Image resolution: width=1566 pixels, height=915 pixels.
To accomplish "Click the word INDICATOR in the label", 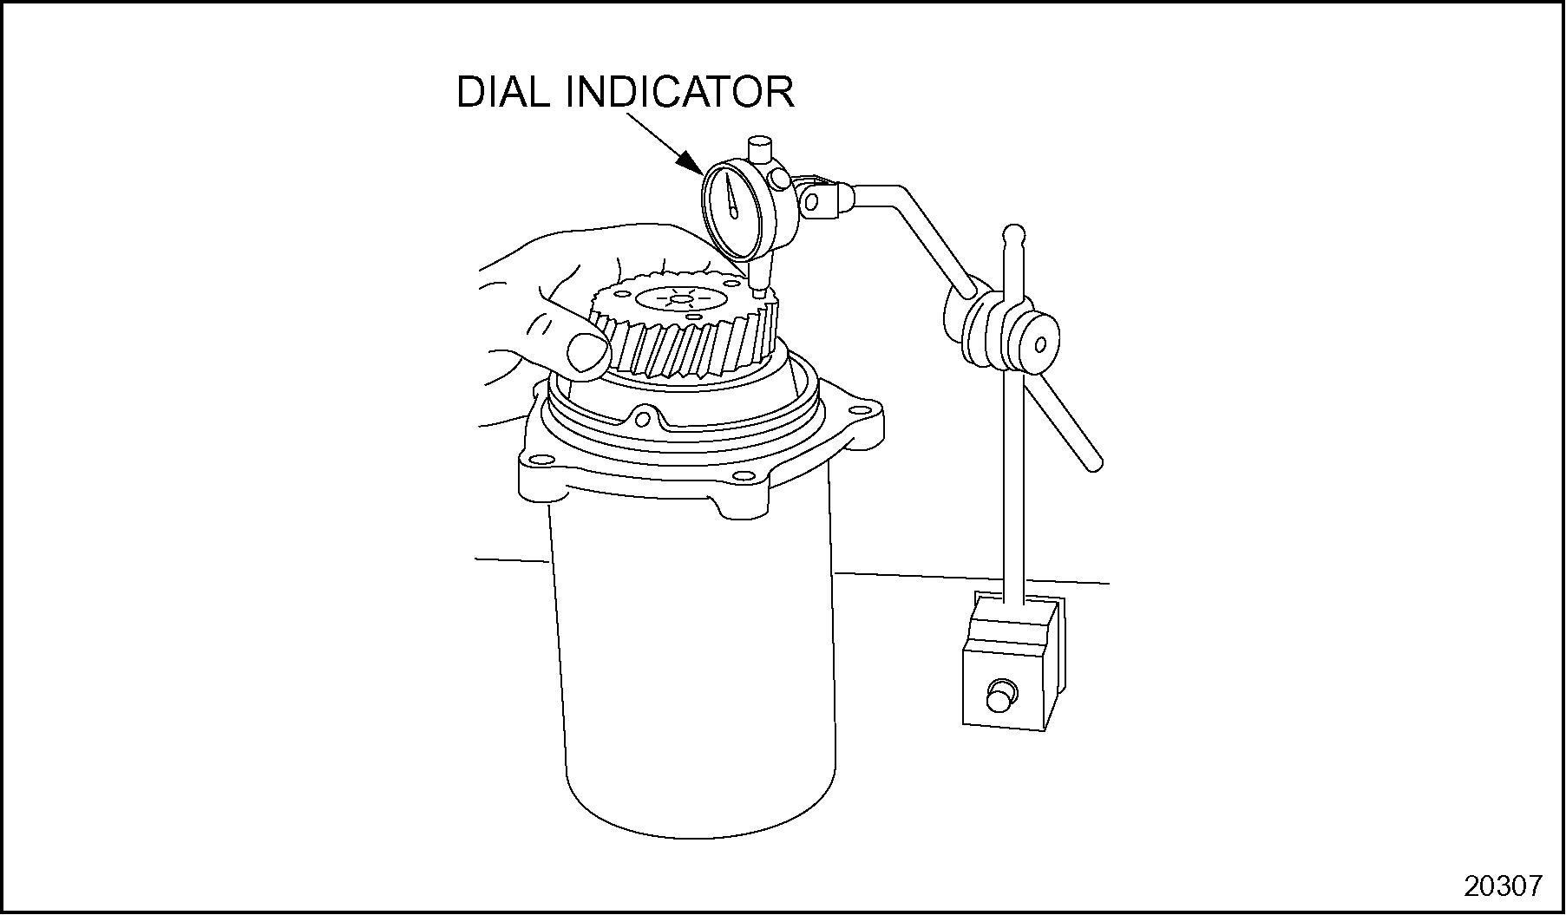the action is [681, 92].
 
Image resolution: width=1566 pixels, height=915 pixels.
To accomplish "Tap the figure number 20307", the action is [1504, 886].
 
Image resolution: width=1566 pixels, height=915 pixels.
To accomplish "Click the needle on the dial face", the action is [733, 198].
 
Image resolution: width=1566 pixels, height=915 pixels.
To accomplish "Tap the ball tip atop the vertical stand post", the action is [1013, 234].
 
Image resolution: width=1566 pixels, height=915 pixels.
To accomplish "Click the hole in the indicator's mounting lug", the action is [811, 202].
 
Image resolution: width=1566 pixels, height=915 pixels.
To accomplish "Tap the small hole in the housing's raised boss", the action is [642, 421].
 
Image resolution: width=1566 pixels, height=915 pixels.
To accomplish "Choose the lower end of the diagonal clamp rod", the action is [1094, 463].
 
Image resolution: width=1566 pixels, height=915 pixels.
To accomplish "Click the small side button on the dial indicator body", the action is [780, 180].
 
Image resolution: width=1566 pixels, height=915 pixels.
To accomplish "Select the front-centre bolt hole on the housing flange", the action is [744, 475].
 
